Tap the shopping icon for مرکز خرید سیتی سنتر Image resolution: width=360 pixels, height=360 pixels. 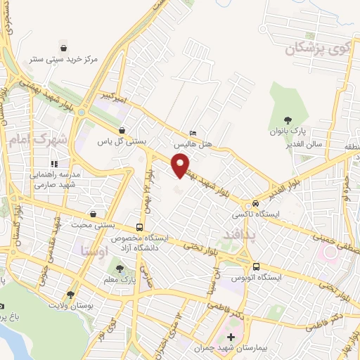click(65, 48)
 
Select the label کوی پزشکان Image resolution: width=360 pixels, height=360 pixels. click(318, 49)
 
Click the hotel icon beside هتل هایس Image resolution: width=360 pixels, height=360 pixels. click(193, 133)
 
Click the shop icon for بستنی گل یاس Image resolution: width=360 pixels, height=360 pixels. click(122, 130)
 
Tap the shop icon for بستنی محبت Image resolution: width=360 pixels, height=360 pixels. click(94, 214)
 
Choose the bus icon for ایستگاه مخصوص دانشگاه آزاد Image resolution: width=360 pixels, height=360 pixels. click(139, 227)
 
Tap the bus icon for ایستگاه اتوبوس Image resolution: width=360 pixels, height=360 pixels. click(256, 266)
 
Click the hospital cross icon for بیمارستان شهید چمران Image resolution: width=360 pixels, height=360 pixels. click(231, 337)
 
